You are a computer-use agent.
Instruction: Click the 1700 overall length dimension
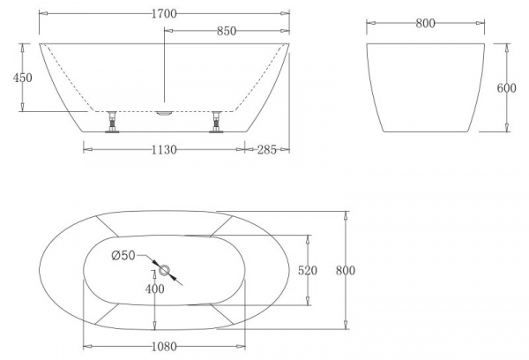[164, 13]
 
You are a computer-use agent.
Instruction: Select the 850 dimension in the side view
[225, 31]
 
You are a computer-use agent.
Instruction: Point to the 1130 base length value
[164, 149]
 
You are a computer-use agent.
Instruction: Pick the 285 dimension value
[267, 149]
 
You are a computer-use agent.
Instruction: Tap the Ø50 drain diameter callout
[123, 256]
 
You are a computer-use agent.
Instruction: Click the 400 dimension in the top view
[154, 289]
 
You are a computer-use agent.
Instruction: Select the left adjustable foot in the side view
[112, 124]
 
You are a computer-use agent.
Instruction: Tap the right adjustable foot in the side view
[215, 124]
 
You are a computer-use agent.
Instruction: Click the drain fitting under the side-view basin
[164, 113]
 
